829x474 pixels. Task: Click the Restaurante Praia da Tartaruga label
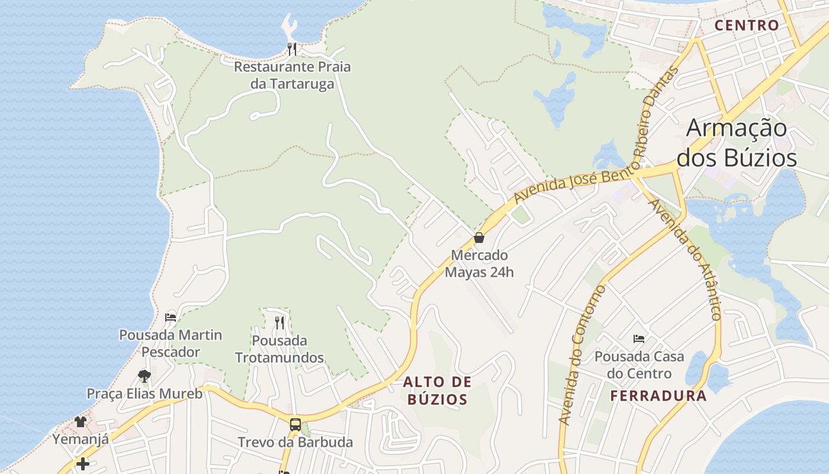[292, 75]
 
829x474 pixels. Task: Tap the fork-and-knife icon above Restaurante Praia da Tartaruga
[292, 49]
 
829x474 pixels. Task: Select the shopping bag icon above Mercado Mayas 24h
[479, 238]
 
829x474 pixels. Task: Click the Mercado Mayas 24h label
[479, 264]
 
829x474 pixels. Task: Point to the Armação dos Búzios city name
[737, 143]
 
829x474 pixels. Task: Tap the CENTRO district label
[746, 25]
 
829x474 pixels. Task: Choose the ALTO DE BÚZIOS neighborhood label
[438, 390]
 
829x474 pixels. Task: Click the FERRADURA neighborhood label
[658, 396]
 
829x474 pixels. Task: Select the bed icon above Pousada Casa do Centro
[639, 339]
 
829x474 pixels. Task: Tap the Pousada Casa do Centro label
[639, 365]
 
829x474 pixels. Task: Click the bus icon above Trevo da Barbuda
[295, 424]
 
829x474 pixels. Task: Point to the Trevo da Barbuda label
[295, 442]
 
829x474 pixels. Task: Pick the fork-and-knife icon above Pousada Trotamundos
[279, 323]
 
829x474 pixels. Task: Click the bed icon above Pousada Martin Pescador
[171, 317]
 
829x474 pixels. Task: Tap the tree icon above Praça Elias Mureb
[144, 376]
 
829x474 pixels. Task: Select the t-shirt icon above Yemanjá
[81, 422]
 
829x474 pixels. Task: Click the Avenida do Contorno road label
[582, 355]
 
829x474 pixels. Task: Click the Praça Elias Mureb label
[144, 393]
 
